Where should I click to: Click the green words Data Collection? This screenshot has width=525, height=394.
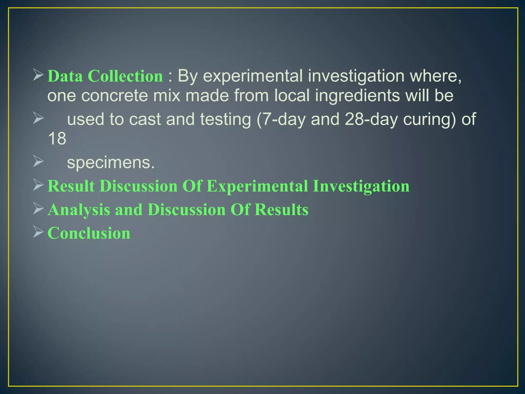pyautogui.click(x=105, y=76)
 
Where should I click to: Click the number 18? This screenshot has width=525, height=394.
pyautogui.click(x=57, y=139)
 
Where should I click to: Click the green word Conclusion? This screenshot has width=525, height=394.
pyautogui.click(x=89, y=233)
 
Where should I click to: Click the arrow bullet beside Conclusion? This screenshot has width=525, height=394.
pyautogui.click(x=38, y=232)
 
